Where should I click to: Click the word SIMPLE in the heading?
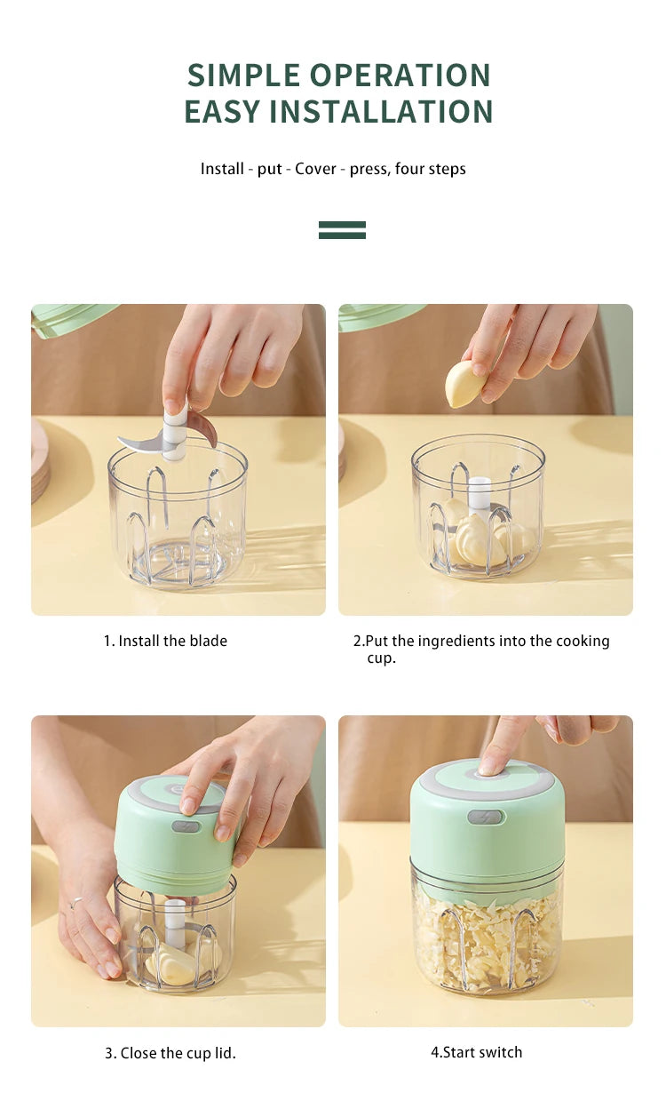[x=243, y=76]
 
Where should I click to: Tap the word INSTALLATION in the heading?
[x=381, y=111]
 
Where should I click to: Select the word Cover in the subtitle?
[x=315, y=169]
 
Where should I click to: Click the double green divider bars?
[x=342, y=230]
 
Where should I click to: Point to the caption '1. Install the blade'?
[x=165, y=641]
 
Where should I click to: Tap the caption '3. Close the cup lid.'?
[x=170, y=1053]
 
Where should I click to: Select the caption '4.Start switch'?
[x=477, y=1052]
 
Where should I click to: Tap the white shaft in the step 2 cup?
[x=479, y=496]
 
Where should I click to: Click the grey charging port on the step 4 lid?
[x=485, y=817]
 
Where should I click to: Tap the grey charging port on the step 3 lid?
[x=186, y=826]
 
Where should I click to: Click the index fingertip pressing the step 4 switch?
[x=488, y=766]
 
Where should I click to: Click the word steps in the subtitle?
[x=448, y=169]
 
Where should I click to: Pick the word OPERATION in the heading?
[x=400, y=76]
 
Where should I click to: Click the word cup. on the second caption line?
[x=381, y=658]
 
